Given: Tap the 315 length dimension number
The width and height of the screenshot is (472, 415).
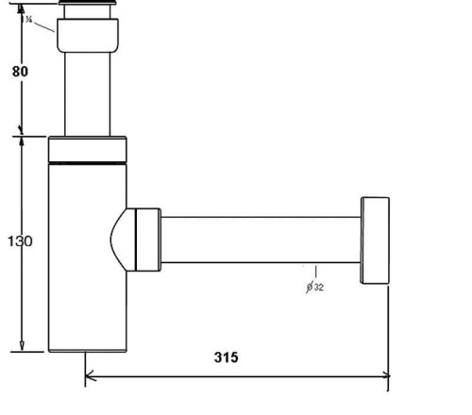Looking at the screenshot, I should click(225, 357).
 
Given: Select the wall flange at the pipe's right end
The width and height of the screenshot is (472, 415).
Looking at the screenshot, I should click(374, 241).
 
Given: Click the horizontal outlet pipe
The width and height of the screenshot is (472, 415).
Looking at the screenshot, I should click(260, 240).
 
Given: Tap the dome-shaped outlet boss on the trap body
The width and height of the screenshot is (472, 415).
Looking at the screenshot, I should click(120, 240).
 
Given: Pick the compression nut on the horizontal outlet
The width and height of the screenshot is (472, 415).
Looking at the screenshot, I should click(146, 240).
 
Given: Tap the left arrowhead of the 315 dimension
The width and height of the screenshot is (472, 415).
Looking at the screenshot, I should click(91, 376).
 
